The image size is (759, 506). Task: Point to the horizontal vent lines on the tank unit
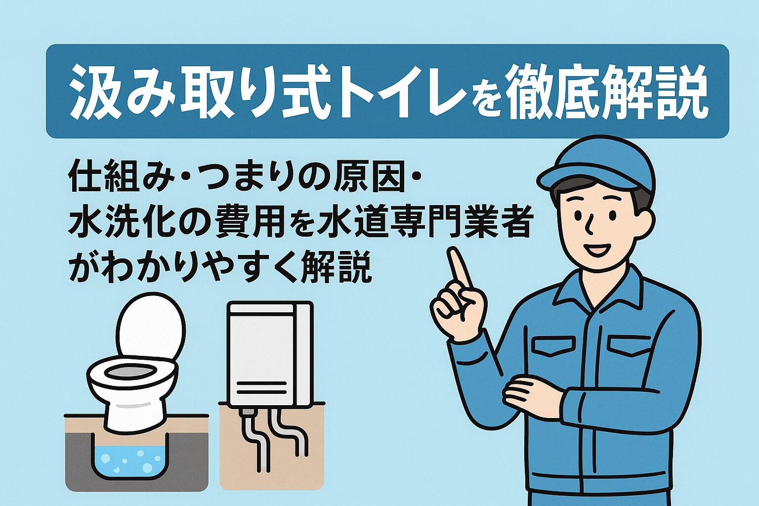pyautogui.click(x=261, y=388)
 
